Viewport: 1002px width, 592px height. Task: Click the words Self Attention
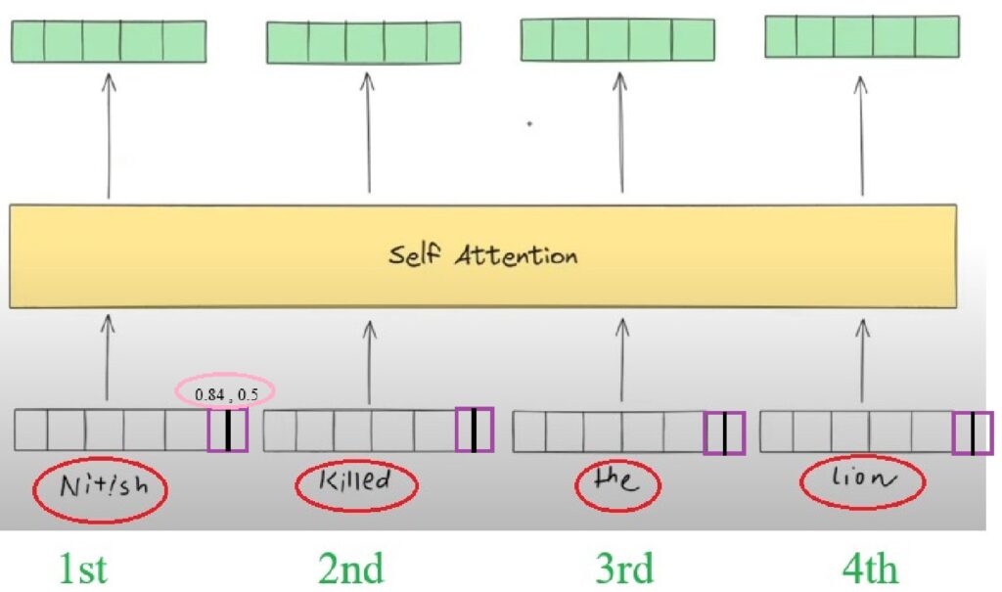pyautogui.click(x=482, y=256)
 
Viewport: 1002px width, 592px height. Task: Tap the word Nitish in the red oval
pyautogui.click(x=100, y=486)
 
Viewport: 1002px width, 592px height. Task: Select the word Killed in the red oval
pyautogui.click(x=355, y=481)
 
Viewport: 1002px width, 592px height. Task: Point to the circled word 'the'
pyautogui.click(x=616, y=483)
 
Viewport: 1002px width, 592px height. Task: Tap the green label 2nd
pyautogui.click(x=351, y=568)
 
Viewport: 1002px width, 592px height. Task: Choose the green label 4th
pyautogui.click(x=871, y=568)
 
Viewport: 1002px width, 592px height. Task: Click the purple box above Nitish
pyautogui.click(x=227, y=431)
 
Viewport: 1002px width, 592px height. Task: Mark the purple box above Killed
pyautogui.click(x=475, y=431)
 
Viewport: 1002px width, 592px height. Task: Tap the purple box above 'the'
pyautogui.click(x=724, y=433)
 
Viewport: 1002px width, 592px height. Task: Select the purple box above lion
pyautogui.click(x=973, y=433)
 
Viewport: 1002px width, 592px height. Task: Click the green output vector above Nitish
pyautogui.click(x=108, y=41)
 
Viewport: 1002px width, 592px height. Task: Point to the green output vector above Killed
pyautogui.click(x=363, y=42)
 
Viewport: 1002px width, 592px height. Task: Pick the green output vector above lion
pyautogui.click(x=861, y=36)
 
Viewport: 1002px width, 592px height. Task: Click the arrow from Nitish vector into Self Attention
pyautogui.click(x=109, y=358)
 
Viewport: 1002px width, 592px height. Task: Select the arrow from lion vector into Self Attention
pyautogui.click(x=862, y=358)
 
